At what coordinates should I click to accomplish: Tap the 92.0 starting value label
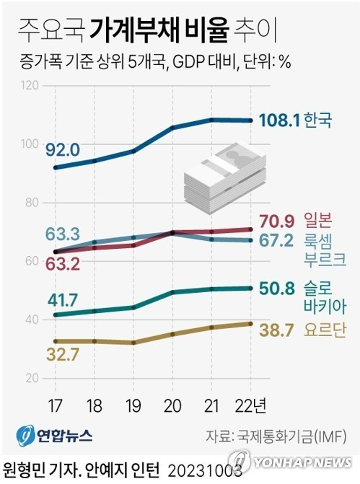point(63,150)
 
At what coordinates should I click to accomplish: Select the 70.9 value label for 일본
point(277,221)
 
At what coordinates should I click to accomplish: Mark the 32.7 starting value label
point(62,354)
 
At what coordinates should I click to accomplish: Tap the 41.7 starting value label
point(62,297)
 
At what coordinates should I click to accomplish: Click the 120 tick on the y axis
point(30,86)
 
